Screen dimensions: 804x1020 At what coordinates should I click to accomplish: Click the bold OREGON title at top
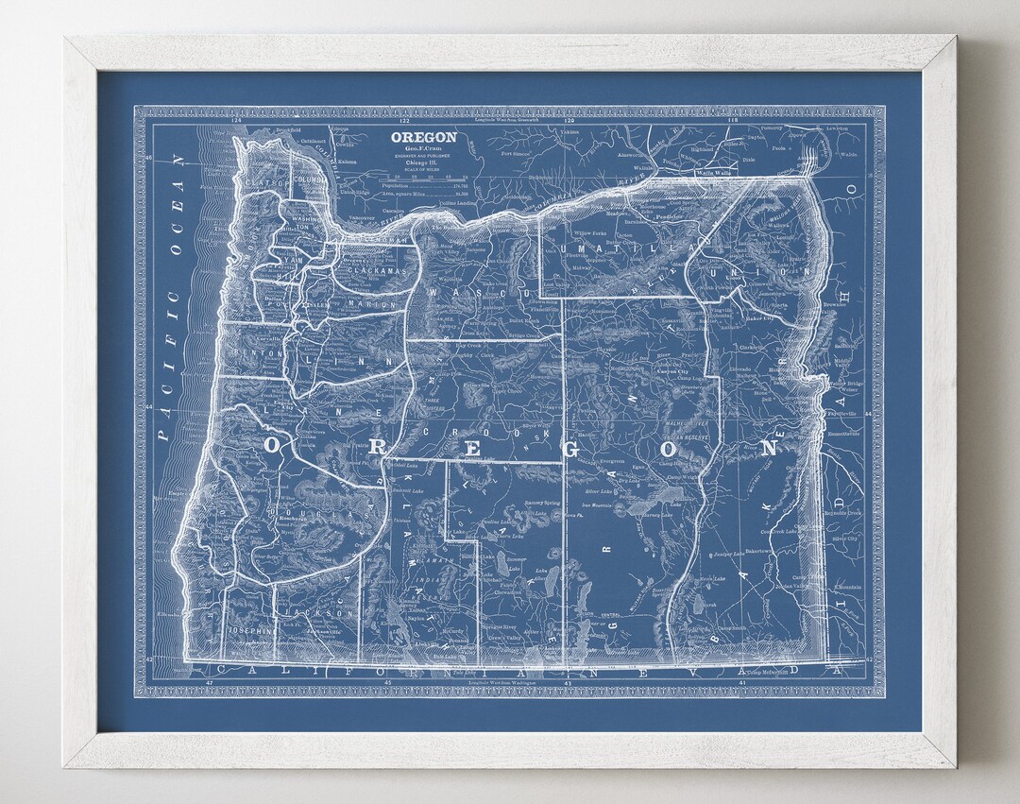tap(424, 137)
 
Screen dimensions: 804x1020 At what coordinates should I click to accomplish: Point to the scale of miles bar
tap(424, 178)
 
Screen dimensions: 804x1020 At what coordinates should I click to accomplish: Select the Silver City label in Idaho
tap(843, 539)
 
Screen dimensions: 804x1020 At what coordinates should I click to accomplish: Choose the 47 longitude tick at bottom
tap(210, 680)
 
